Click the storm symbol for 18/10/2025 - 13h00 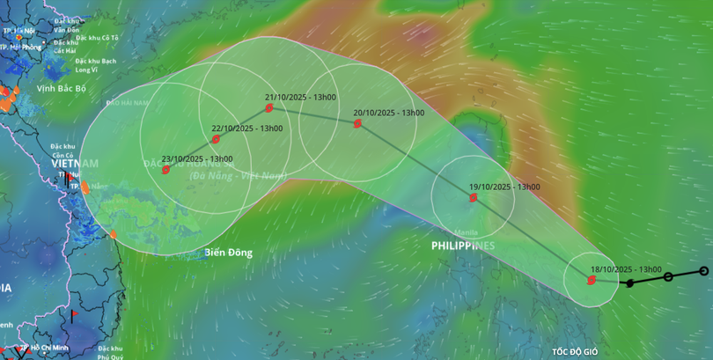pos(591,281)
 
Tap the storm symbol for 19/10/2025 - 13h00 pos(473,198)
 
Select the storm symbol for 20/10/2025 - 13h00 pos(357,124)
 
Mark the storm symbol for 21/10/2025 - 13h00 pos(269,108)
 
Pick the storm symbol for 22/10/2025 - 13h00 pos(216,139)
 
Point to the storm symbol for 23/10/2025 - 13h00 pos(165,170)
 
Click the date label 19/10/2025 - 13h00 pos(504,187)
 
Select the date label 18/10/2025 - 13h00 pos(627,269)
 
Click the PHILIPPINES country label pos(463,246)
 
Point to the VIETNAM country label pos(75,164)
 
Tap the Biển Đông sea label pos(228,253)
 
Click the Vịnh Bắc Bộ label pos(61,88)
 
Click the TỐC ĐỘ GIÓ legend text pos(575,352)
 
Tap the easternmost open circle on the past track pos(703,271)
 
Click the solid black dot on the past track pos(629,283)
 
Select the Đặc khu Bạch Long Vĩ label pos(96,65)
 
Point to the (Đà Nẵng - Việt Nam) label pos(239,176)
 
